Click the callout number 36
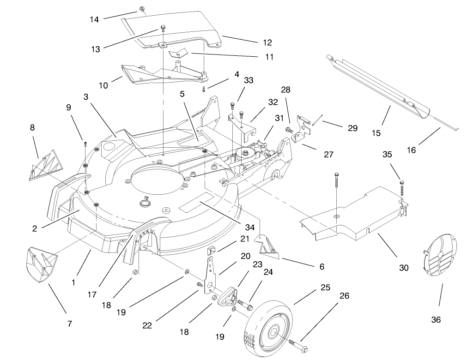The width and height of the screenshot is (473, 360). (x=436, y=319)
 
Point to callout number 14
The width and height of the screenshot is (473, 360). (x=94, y=19)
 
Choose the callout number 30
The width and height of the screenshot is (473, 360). (x=404, y=268)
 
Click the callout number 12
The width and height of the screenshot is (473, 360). (x=267, y=42)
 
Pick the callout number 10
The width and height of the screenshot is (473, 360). (x=103, y=85)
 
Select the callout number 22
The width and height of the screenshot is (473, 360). (x=147, y=325)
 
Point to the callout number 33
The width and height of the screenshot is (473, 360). (x=249, y=80)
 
